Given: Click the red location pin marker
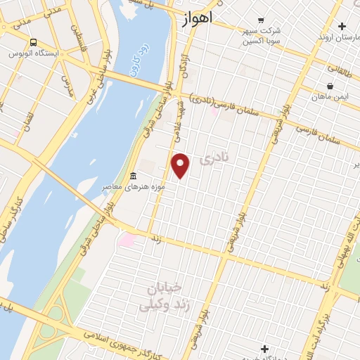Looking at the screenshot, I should click(181, 165).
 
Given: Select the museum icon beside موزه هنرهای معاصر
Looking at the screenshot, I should click(134, 175).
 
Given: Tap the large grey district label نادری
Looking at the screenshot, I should click(214, 160).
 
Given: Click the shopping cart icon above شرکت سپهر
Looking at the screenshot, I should click(262, 20).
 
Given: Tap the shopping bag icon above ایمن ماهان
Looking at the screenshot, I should click(330, 86).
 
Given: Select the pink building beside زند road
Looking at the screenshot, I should click(127, 240).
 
